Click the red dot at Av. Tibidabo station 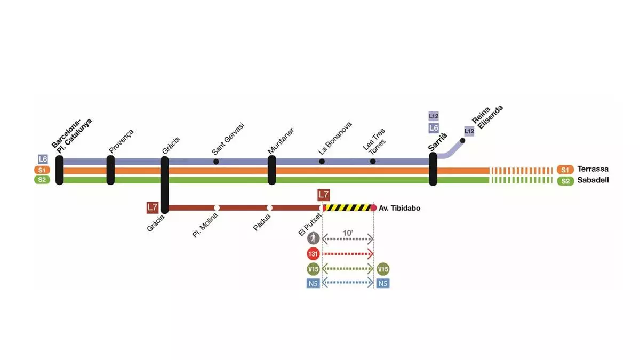373,207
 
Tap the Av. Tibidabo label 399,208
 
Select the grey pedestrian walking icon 313,238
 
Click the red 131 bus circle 313,254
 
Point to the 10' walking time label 348,233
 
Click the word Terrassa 593,169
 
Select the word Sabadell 593,180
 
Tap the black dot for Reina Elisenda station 462,141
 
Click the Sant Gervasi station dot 216,161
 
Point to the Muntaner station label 281,141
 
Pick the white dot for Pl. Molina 217,207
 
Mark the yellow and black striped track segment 348,207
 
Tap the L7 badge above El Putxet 323,195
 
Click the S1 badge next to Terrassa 565,170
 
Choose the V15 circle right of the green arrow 383,269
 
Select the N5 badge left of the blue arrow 313,284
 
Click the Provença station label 121,141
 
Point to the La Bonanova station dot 322,161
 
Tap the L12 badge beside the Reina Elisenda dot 469,131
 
